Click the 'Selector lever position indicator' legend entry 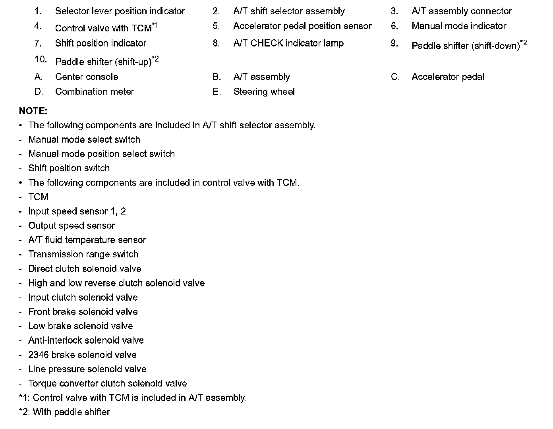(120, 11)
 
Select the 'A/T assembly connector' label (462, 11)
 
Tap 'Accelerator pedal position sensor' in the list (302, 26)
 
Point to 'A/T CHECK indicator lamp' (288, 43)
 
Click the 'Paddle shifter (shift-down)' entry (466, 46)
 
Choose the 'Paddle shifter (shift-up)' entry (103, 62)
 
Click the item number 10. (41, 60)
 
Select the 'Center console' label (87, 77)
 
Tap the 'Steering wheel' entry (264, 92)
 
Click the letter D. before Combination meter (39, 92)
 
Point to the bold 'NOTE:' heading (33, 111)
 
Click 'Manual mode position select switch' (101, 154)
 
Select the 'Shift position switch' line (69, 168)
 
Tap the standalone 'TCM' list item (38, 197)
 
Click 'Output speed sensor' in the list (72, 226)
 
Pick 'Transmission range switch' (83, 254)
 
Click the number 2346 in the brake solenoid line (39, 355)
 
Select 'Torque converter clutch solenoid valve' (107, 383)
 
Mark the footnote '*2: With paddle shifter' (64, 412)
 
